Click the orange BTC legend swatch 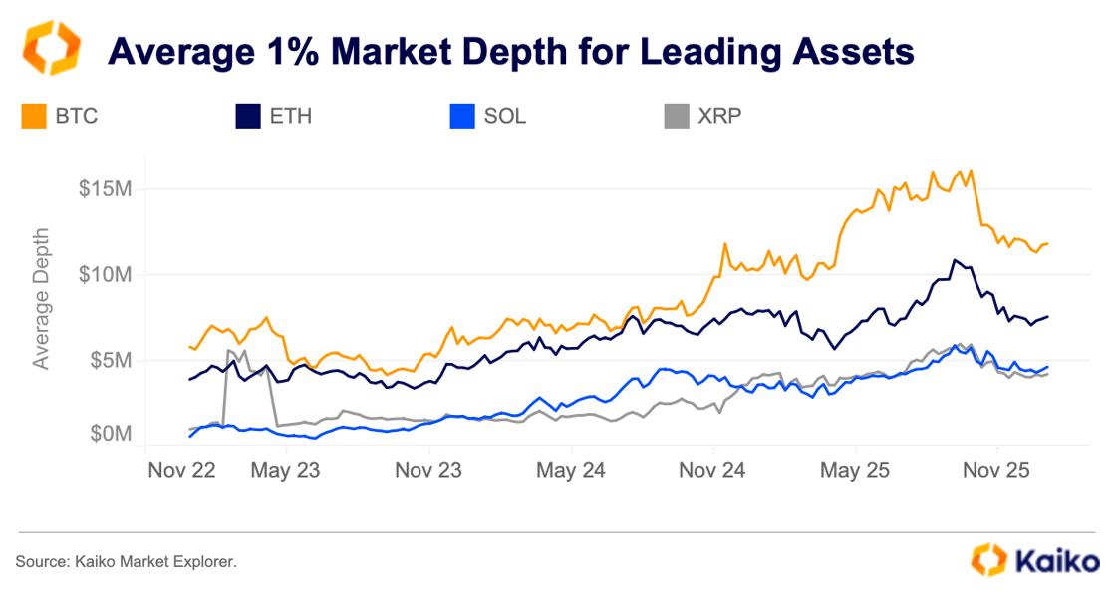point(34,117)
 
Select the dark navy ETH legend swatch point(247,117)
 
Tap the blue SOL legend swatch point(461,117)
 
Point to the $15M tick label point(106,189)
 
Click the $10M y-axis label point(106,274)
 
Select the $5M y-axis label point(111,359)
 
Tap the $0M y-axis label point(111,435)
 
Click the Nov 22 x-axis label point(181,469)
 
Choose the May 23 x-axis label point(285,469)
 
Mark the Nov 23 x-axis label point(428,469)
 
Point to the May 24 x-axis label point(571,469)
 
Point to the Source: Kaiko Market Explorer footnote point(127,562)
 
